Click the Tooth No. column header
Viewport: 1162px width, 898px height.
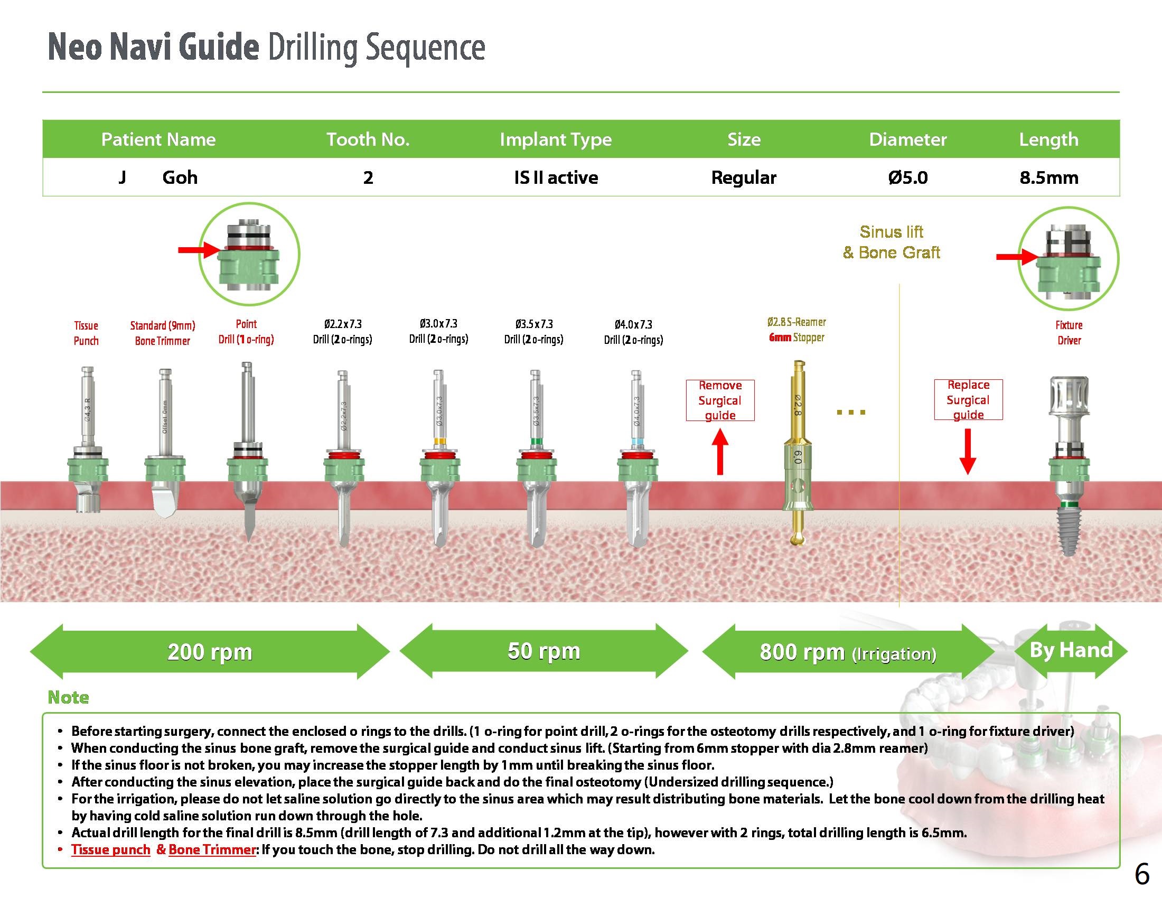point(368,139)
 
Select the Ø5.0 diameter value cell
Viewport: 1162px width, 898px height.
point(907,177)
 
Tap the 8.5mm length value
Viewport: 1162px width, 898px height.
point(1048,177)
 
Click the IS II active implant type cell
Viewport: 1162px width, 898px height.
point(556,177)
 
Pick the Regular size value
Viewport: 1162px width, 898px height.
point(743,177)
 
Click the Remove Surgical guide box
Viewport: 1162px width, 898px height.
point(720,400)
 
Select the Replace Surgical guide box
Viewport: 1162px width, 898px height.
point(968,399)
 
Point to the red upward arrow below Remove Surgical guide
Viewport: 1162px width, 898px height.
point(720,452)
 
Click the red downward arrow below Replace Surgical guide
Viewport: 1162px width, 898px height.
point(967,452)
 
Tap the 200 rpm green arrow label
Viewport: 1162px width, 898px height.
point(210,652)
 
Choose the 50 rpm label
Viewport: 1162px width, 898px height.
point(543,651)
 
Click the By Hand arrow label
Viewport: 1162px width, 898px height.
point(1071,650)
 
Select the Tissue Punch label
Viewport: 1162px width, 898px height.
point(86,333)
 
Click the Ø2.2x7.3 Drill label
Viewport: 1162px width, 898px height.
point(343,331)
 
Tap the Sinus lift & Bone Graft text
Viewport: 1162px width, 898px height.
point(891,242)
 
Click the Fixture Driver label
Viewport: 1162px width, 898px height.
point(1069,332)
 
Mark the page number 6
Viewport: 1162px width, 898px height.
point(1142,874)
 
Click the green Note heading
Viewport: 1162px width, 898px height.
point(68,697)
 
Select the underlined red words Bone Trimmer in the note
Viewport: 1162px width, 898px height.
point(212,849)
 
